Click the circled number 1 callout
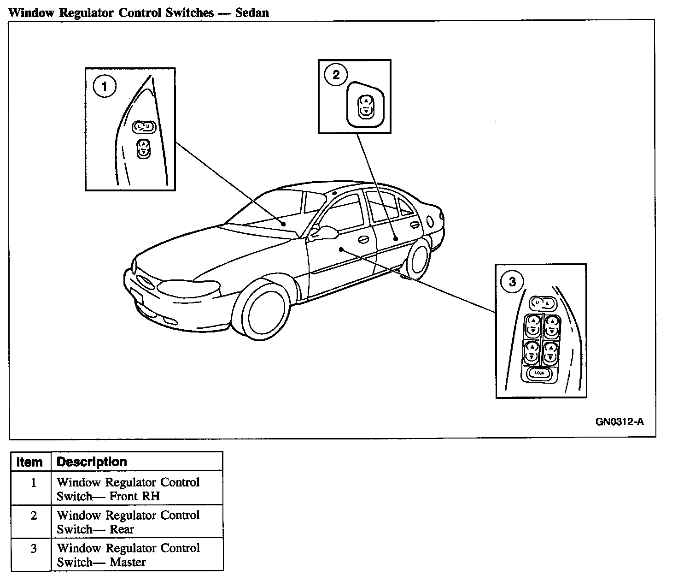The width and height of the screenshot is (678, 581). (105, 87)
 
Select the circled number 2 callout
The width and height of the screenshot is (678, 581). (336, 75)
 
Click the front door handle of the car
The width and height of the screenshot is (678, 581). (363, 240)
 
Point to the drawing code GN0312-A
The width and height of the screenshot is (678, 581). (620, 421)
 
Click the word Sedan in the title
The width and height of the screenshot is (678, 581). (252, 12)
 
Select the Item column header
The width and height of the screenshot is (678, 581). (30, 462)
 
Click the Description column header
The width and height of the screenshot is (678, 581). (92, 462)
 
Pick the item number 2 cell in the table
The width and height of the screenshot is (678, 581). (33, 515)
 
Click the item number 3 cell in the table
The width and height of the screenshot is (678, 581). (33, 548)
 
